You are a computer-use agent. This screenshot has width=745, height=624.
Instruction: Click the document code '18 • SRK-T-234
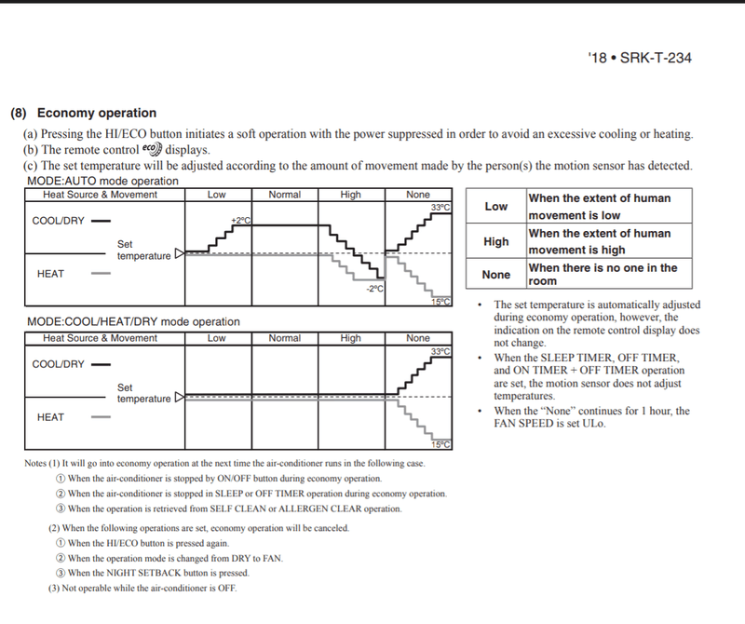640,58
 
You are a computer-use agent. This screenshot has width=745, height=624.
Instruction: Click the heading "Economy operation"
96,114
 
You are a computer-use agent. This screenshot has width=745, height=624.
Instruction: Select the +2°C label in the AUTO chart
241,220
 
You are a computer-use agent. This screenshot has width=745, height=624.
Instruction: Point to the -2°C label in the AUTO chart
374,289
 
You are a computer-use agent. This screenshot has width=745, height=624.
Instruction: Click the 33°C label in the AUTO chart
440,207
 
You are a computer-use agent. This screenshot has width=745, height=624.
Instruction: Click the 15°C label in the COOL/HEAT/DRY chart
440,444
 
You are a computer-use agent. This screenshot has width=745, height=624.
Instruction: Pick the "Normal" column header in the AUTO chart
284,195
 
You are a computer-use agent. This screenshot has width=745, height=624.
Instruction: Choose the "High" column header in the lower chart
351,338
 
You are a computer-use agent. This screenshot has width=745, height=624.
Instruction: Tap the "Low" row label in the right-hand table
496,206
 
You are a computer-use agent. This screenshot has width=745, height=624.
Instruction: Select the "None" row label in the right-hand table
496,275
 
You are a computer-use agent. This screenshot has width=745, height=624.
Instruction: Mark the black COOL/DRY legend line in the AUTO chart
102,222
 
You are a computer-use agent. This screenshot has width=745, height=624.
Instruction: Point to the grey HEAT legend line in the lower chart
102,417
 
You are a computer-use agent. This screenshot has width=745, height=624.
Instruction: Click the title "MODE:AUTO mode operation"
102,180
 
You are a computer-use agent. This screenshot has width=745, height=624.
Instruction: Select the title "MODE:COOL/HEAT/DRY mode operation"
133,322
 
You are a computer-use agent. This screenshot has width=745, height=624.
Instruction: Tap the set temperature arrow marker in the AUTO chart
181,251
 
